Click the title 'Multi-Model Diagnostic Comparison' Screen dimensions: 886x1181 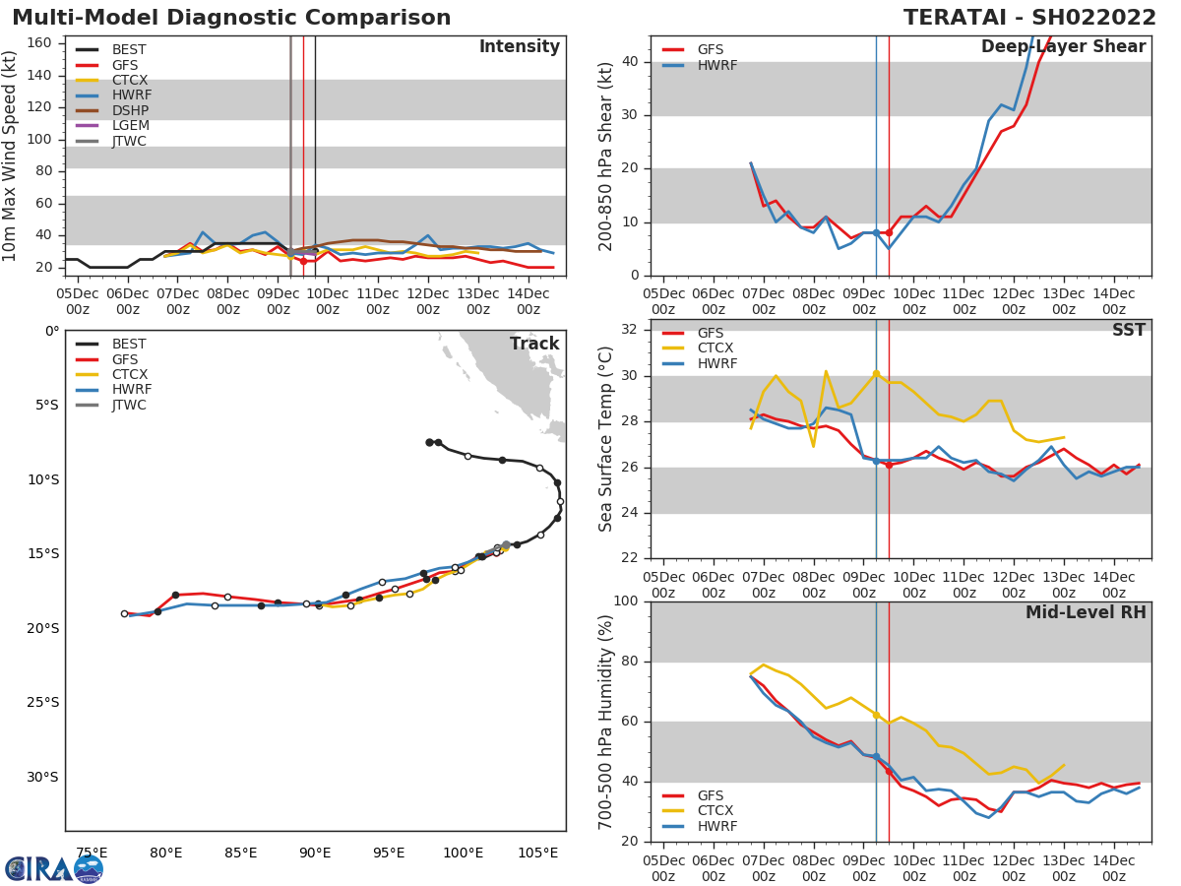[231, 18]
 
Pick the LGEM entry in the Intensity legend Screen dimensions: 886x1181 [131, 126]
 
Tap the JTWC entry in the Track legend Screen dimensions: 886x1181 [129, 406]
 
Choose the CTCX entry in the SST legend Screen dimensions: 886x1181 [715, 348]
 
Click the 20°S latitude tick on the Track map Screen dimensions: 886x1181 [43, 628]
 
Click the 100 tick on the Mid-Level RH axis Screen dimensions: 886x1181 [627, 601]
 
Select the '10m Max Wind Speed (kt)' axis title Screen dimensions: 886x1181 [11, 155]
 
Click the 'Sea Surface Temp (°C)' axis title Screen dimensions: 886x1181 [606, 438]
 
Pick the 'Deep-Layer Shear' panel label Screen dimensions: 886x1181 [1063, 47]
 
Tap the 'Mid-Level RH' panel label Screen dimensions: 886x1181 [1085, 613]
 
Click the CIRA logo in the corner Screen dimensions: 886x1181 [54, 868]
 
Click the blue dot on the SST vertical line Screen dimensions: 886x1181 [876, 461]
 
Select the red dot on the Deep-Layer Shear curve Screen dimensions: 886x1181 [889, 232]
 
